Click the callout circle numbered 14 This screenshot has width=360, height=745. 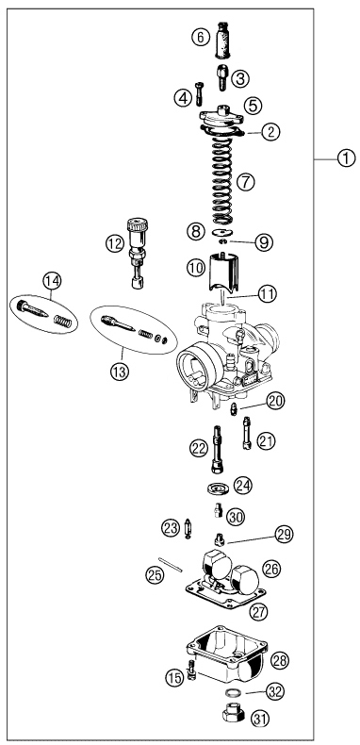click(52, 280)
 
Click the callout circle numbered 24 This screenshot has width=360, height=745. click(243, 486)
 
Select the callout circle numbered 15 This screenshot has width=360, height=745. click(172, 677)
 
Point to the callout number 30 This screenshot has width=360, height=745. click(235, 517)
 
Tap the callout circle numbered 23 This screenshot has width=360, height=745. click(171, 528)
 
